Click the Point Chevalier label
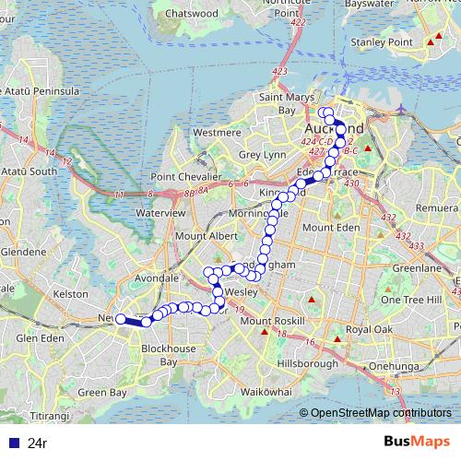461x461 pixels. point(185,176)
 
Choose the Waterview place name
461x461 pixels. point(161,212)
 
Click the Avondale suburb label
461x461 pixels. point(156,278)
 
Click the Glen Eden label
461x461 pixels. point(39,338)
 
